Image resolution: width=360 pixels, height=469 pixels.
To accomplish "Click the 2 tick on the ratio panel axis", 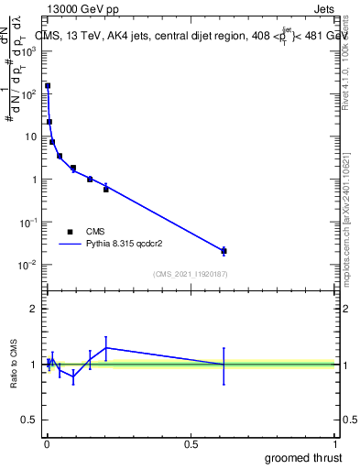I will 34,309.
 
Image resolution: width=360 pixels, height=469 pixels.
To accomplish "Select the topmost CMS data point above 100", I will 48,85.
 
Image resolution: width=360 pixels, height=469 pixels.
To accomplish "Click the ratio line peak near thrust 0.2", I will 106,347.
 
